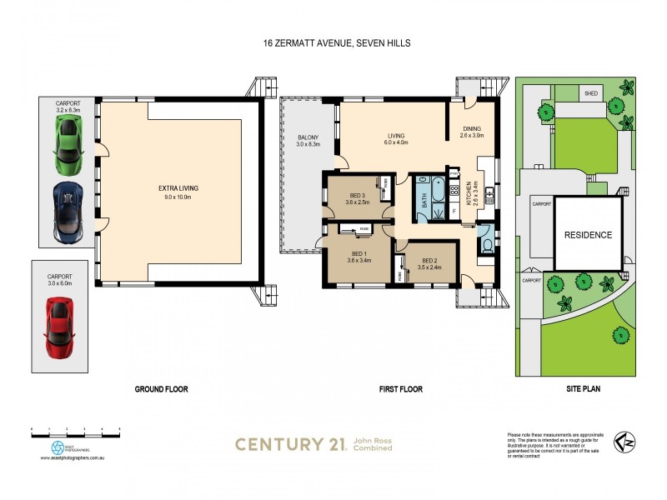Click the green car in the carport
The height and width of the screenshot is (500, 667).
68,139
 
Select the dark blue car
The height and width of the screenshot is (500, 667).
68,211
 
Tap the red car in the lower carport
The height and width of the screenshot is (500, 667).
58,326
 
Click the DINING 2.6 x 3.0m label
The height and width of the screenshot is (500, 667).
472,131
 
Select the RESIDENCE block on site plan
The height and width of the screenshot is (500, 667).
589,235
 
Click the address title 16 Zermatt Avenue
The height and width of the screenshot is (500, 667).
336,42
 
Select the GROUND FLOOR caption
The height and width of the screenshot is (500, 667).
161,389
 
